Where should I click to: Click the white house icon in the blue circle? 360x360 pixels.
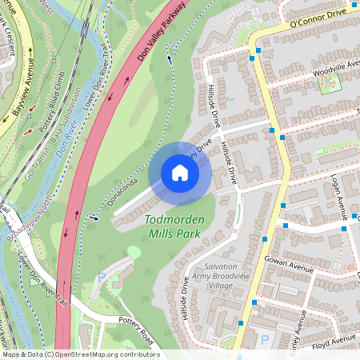(180, 173)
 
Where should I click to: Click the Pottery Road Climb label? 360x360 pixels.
(51, 97)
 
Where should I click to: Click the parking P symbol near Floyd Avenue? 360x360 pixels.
(265, 340)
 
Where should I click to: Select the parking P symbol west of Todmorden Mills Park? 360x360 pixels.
(101, 276)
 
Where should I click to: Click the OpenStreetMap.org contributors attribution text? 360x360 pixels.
(104, 354)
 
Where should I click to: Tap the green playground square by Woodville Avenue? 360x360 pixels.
(329, 84)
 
